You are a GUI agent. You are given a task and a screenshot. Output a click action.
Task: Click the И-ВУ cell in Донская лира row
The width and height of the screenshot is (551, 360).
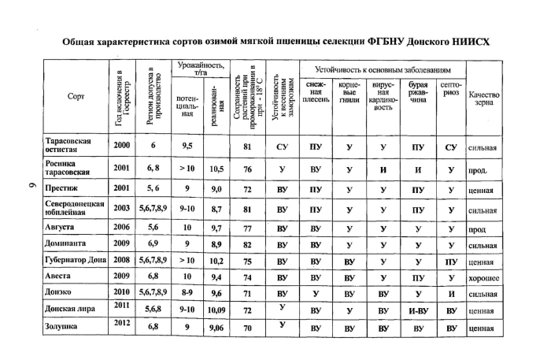pos(418,311)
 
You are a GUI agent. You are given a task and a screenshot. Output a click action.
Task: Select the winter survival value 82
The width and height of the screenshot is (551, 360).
pos(247,244)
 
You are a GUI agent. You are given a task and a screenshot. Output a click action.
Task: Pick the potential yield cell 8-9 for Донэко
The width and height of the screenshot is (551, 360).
pos(186,294)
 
